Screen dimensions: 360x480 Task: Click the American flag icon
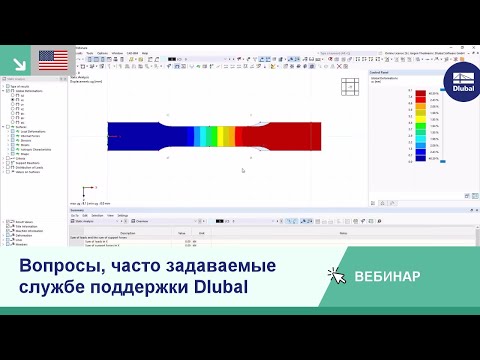(53, 60)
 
